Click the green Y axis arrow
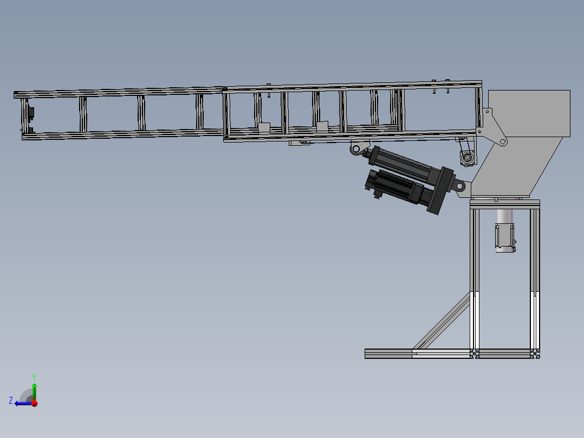pyautogui.click(x=34, y=391)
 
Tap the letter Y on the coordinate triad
pyautogui.click(x=34, y=377)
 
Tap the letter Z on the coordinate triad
pyautogui.click(x=11, y=401)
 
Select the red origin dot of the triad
pyautogui.click(x=35, y=403)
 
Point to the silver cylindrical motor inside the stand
pyautogui.click(x=505, y=230)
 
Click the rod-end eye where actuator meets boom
pyautogui.click(x=356, y=149)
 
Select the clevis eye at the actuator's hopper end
pyautogui.click(x=459, y=185)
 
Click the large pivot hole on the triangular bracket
pyautogui.click(x=503, y=141)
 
